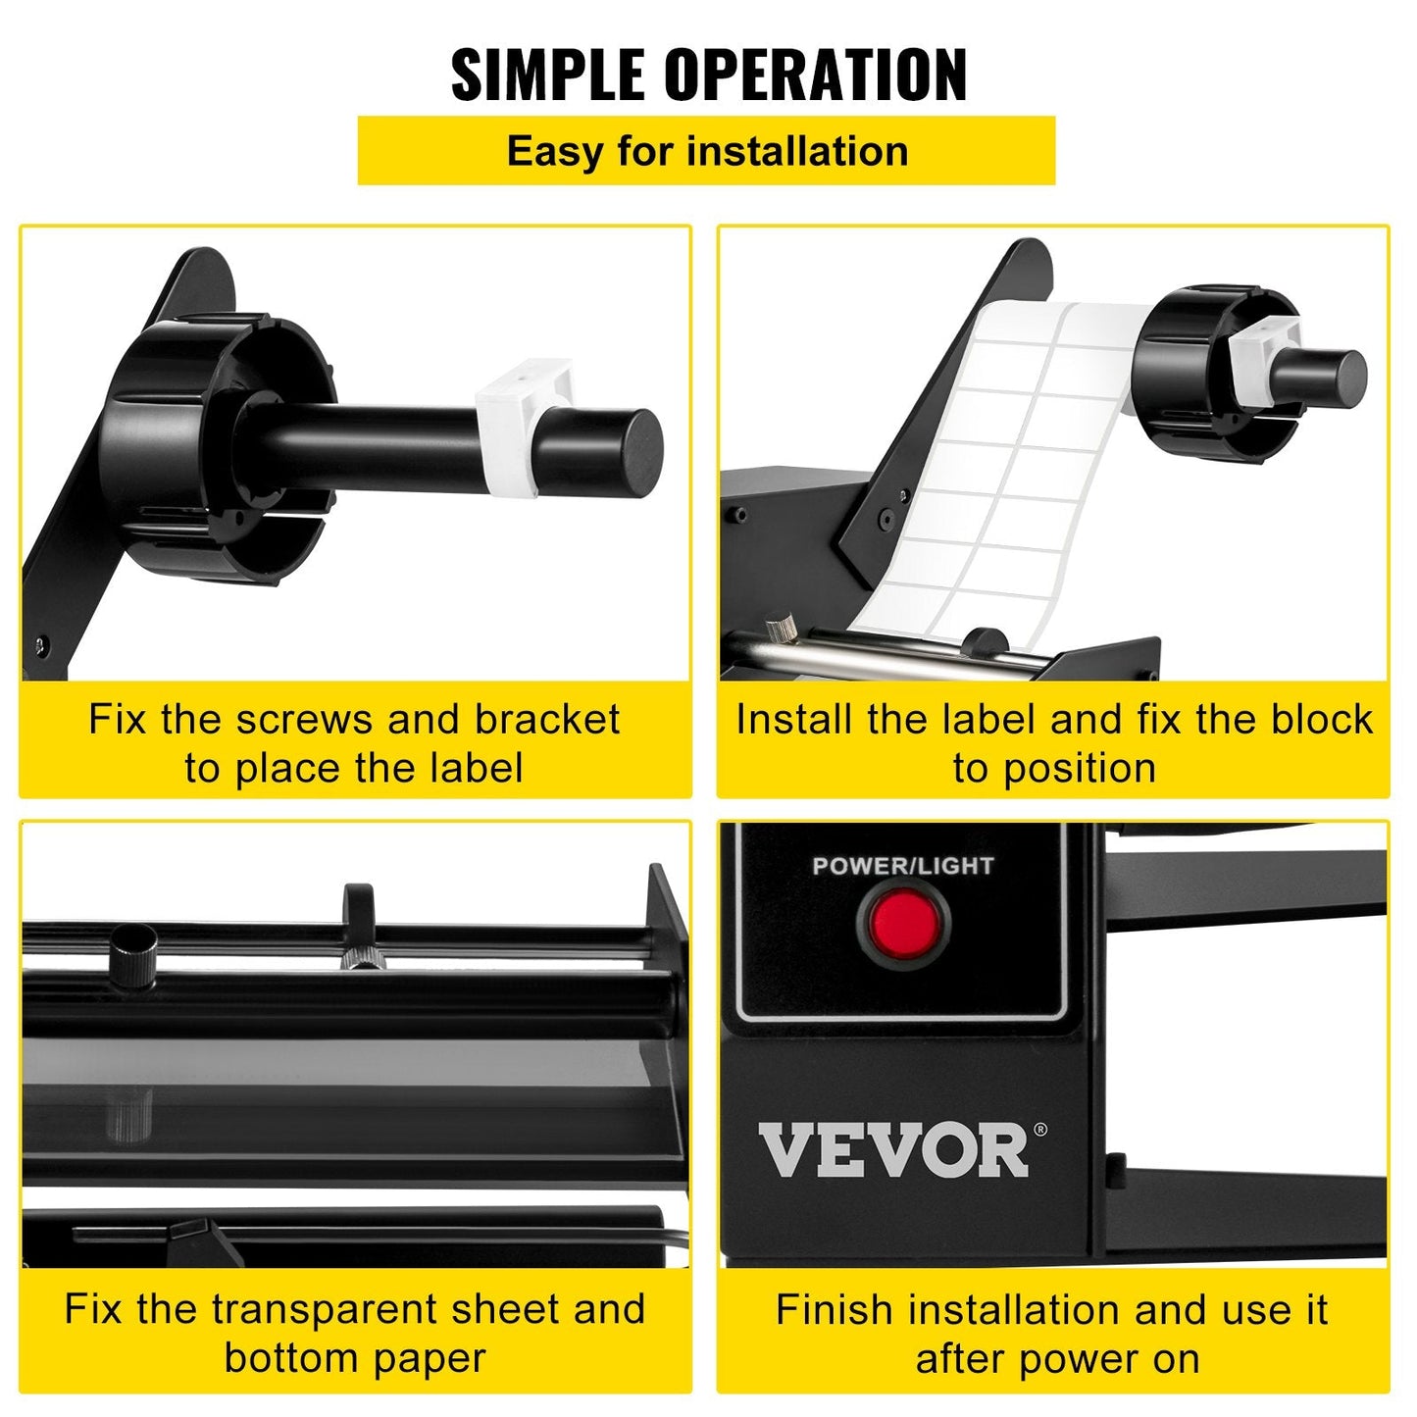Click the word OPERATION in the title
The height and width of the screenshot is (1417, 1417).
[x=816, y=75]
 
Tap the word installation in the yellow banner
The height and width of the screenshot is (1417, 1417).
[x=797, y=151]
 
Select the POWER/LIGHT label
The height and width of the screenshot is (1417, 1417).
[x=902, y=866]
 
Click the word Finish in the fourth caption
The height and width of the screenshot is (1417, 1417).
[x=835, y=1310]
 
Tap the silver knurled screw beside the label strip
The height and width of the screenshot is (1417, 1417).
[x=782, y=631]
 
